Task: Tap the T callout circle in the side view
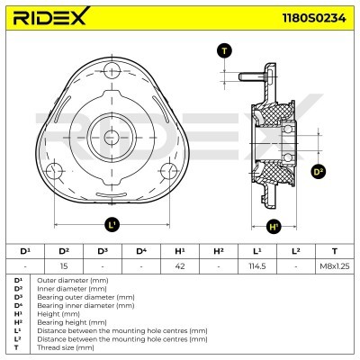224,50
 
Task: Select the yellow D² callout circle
318,171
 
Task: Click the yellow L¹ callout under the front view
112,224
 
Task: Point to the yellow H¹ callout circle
274,226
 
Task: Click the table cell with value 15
63,265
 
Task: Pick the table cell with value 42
180,265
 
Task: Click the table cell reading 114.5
257,265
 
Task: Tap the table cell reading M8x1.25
335,265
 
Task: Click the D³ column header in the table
102,251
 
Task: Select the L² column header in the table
296,251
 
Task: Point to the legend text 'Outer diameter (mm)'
66,280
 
